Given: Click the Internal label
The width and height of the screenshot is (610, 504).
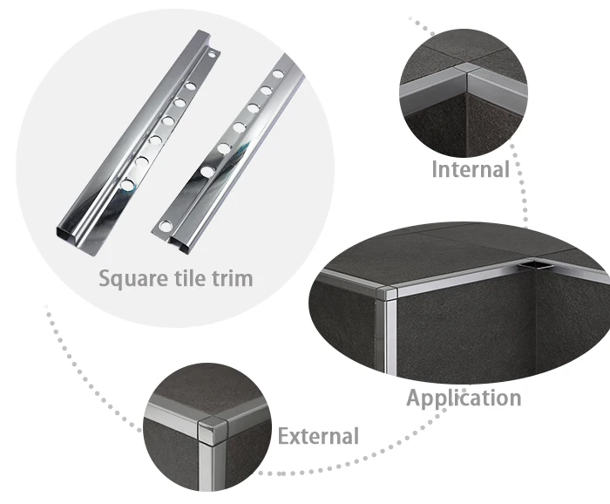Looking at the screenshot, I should (470, 169).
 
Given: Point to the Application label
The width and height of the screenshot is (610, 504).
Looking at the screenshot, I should (464, 398).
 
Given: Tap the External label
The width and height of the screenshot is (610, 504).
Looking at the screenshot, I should (318, 435).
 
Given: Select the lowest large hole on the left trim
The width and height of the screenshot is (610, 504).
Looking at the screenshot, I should (129, 184).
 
